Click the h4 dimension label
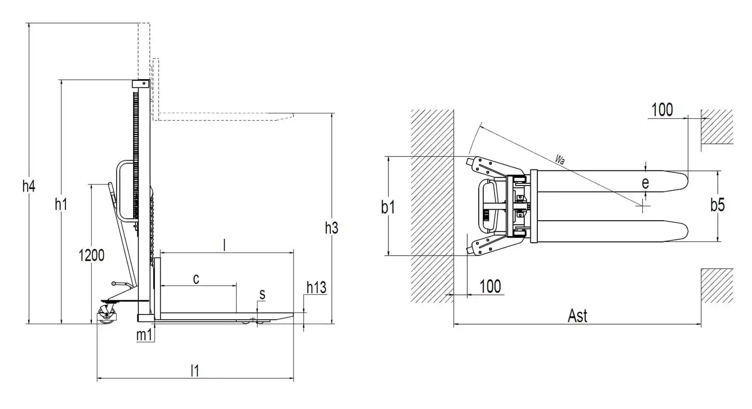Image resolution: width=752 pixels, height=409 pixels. click(x=29, y=186)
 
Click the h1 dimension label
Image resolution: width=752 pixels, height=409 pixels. click(x=61, y=204)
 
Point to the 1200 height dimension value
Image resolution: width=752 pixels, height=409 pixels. click(x=91, y=256)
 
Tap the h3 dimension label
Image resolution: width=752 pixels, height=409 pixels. click(x=331, y=228)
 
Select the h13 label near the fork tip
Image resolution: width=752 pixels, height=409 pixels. click(x=316, y=287)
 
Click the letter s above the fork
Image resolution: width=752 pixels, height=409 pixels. click(x=262, y=294)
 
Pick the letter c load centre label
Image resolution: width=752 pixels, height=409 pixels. click(x=196, y=279)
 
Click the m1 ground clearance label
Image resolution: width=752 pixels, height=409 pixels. click(x=144, y=335)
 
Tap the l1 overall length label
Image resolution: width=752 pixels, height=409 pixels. click(x=195, y=371)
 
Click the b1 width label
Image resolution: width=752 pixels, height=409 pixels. click(x=388, y=207)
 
